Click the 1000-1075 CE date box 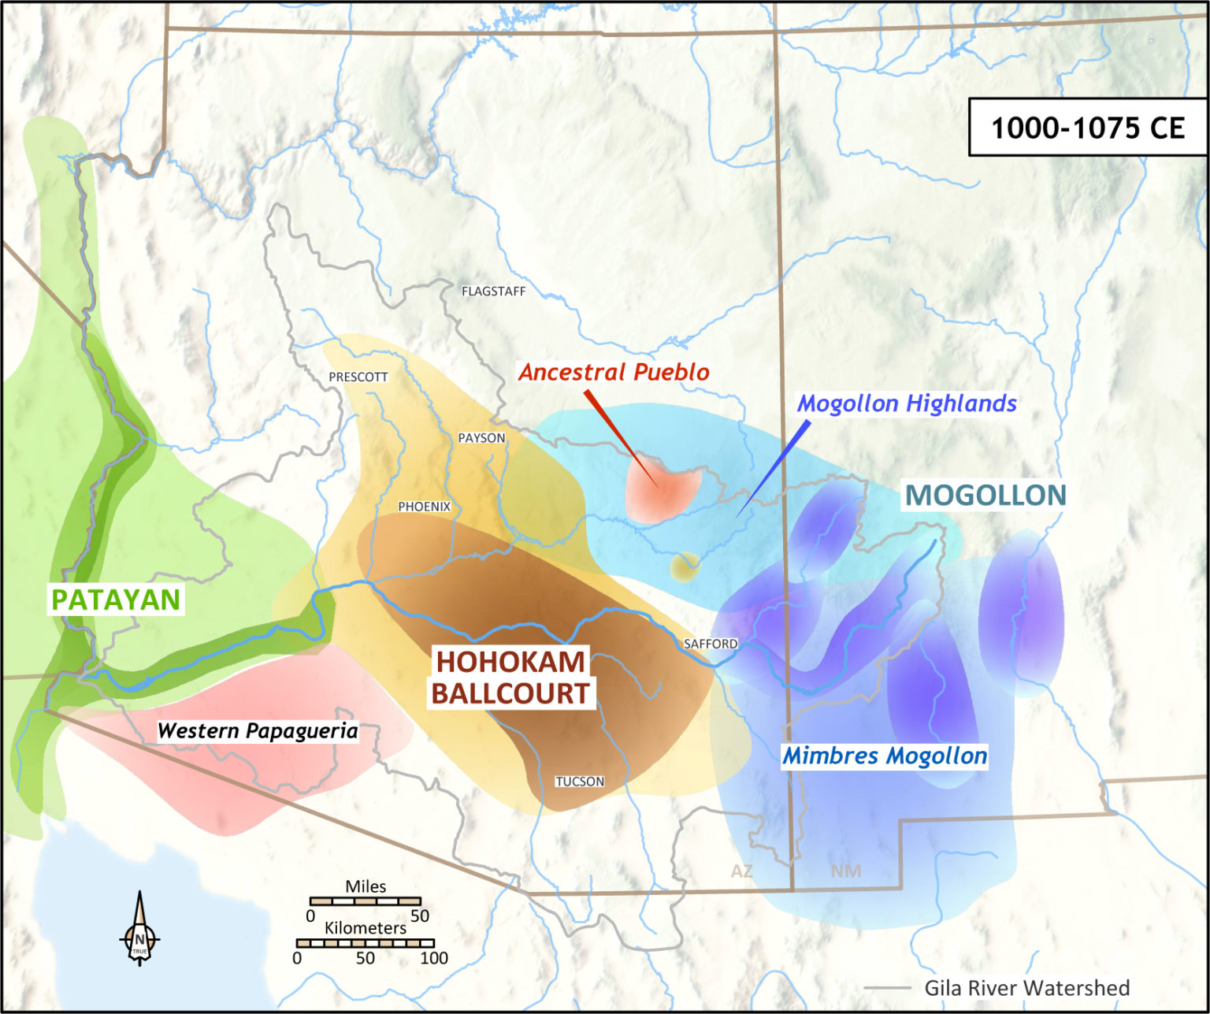(x=1087, y=128)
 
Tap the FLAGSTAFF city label (x=493, y=292)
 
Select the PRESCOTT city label (x=358, y=377)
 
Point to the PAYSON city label (x=481, y=438)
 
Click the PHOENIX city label (x=424, y=507)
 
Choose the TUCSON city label (x=580, y=782)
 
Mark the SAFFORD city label (x=711, y=644)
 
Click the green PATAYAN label (x=116, y=600)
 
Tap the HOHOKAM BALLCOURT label (x=510, y=678)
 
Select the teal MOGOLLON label (x=985, y=495)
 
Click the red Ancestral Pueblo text (x=614, y=372)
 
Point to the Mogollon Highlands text (x=907, y=403)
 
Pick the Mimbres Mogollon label (x=884, y=756)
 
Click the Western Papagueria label (x=258, y=731)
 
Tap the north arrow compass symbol (x=139, y=930)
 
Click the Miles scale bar (x=366, y=901)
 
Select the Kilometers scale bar (x=365, y=943)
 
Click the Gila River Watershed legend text (x=1026, y=988)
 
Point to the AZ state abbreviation (x=741, y=871)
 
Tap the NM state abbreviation (x=845, y=871)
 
